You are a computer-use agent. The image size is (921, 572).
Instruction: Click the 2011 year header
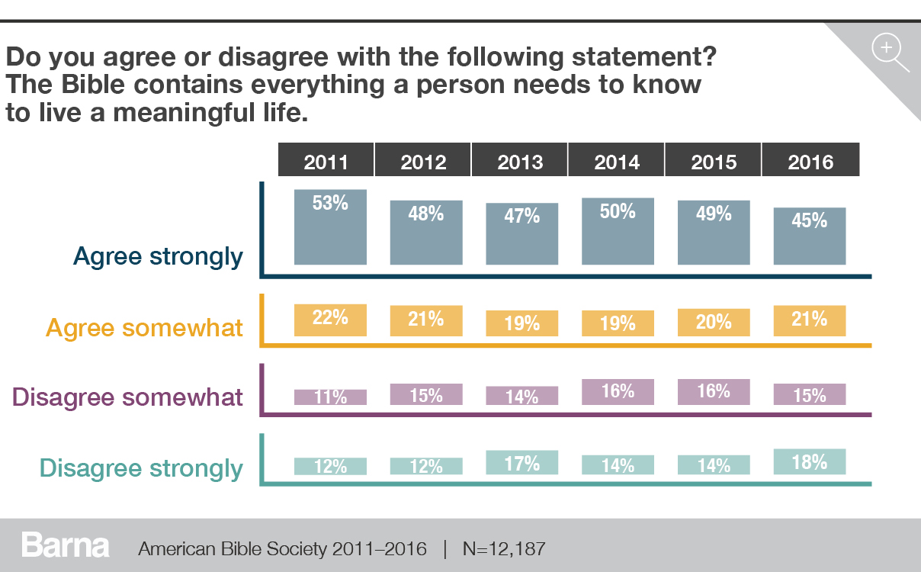pyautogui.click(x=326, y=162)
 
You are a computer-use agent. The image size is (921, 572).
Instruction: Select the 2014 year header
pyautogui.click(x=617, y=162)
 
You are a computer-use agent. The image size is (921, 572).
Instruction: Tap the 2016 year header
pyautogui.click(x=810, y=162)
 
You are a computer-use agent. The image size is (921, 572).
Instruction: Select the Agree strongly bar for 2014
pyautogui.click(x=618, y=232)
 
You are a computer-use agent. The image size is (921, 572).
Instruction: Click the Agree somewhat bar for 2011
pyautogui.click(x=330, y=320)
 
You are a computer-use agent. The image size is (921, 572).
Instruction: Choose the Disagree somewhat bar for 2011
pyautogui.click(x=330, y=397)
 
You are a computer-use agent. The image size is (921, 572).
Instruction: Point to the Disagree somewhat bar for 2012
pyautogui.click(x=426, y=394)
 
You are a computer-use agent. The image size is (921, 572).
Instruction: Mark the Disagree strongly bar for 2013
pyautogui.click(x=522, y=463)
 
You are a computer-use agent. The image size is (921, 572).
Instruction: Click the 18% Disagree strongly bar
pyautogui.click(x=810, y=462)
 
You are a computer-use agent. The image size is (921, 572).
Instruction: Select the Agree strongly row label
pyautogui.click(x=158, y=257)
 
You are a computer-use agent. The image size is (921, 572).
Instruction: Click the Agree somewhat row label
pyautogui.click(x=145, y=328)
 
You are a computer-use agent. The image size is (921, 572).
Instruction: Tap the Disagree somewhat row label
pyautogui.click(x=128, y=397)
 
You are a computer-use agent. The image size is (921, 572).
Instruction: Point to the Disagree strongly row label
pyautogui.click(x=141, y=468)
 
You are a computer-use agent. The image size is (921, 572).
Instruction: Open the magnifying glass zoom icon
pyautogui.click(x=889, y=53)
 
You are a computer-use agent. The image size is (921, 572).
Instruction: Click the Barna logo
pyautogui.click(x=66, y=546)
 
